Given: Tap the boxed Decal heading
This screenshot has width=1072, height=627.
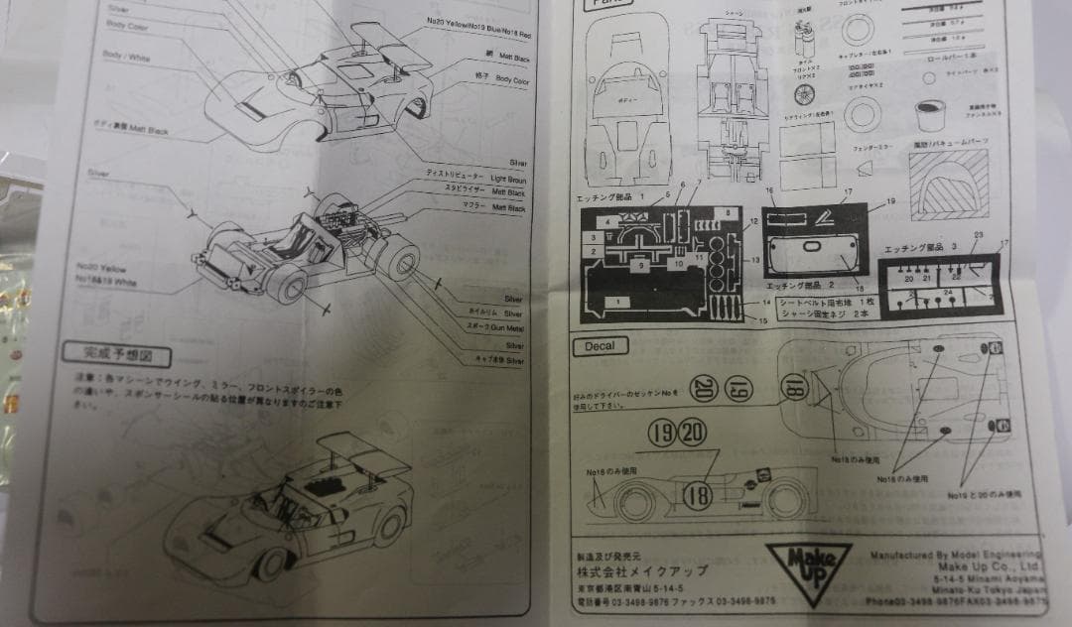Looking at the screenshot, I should [600, 345].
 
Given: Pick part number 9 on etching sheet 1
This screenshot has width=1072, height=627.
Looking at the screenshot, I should [641, 265].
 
